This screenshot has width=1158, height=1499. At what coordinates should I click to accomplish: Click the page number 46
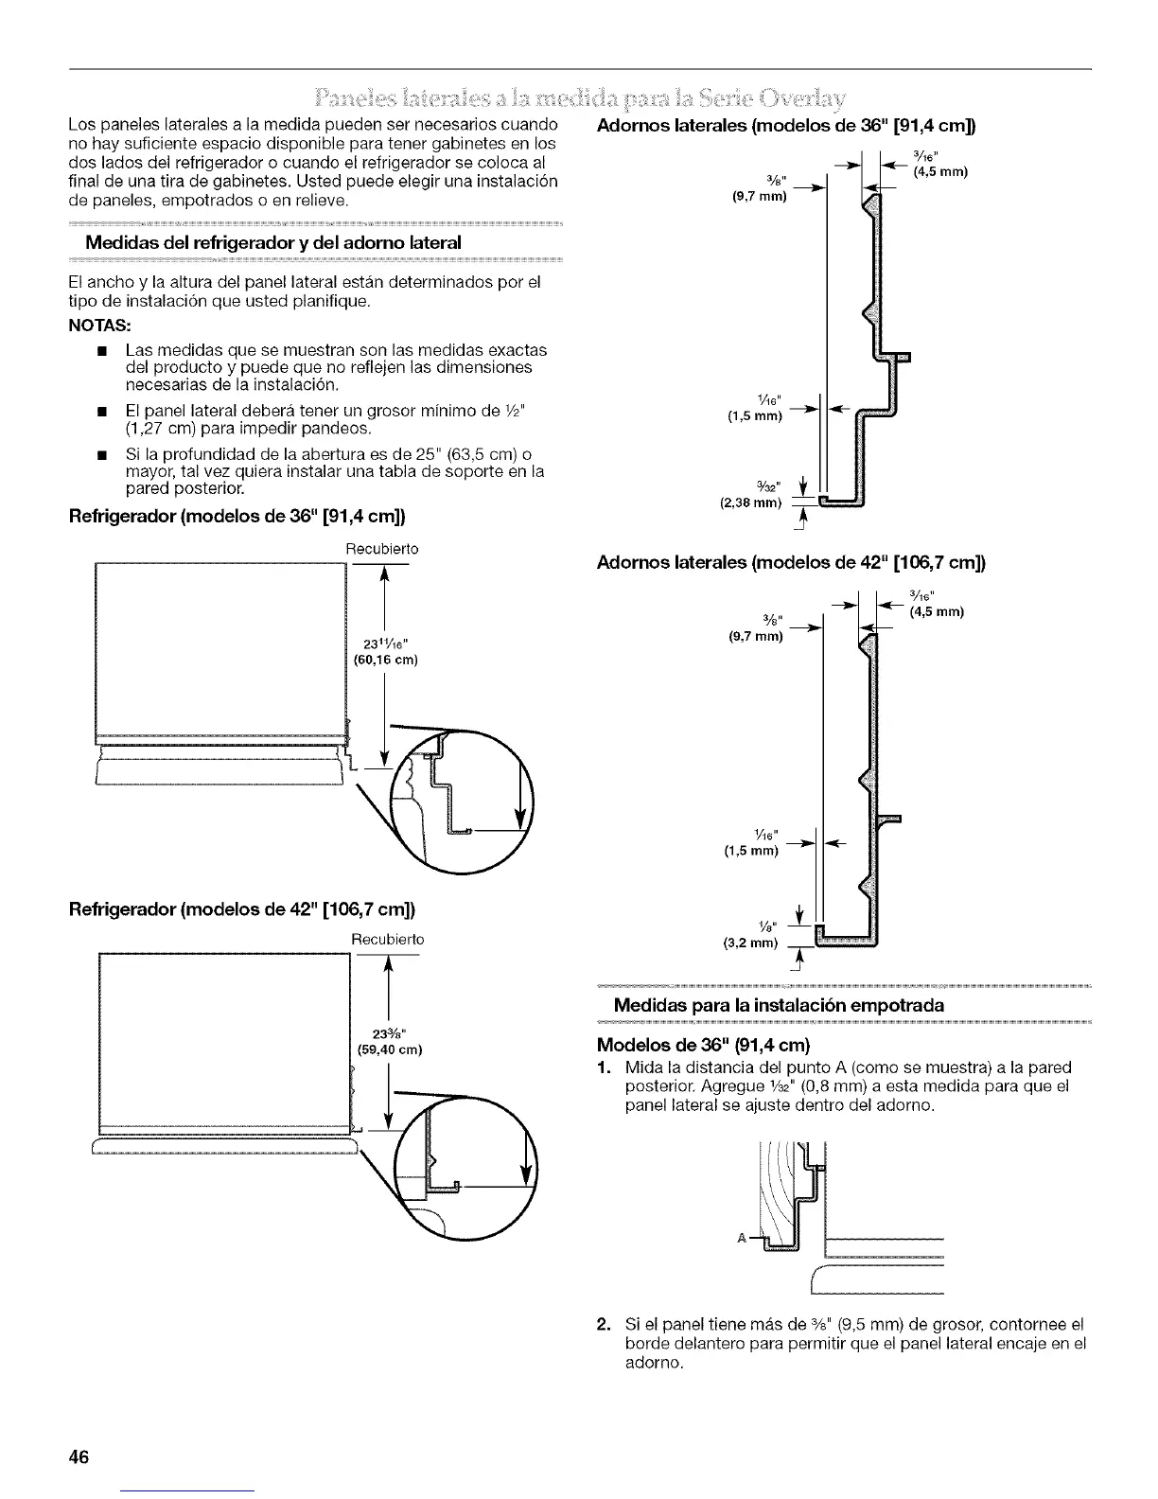tap(79, 1455)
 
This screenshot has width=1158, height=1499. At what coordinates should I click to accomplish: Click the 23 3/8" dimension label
tap(388, 1032)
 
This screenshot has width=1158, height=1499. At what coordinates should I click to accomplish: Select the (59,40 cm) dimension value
tap(388, 1049)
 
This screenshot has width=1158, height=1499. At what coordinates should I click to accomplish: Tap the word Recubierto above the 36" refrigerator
tap(381, 549)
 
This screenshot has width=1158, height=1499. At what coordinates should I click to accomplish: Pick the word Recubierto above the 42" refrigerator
tap(388, 940)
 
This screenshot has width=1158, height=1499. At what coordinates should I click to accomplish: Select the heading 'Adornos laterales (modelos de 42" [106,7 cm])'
tap(791, 563)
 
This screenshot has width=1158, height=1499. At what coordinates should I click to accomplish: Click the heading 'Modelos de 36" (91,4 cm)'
tap(704, 1046)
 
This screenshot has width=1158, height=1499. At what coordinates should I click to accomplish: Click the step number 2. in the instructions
tap(607, 1323)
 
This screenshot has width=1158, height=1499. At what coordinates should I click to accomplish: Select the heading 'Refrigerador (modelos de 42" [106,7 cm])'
tap(242, 909)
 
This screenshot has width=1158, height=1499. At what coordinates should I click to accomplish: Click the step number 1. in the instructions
tap(607, 1068)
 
